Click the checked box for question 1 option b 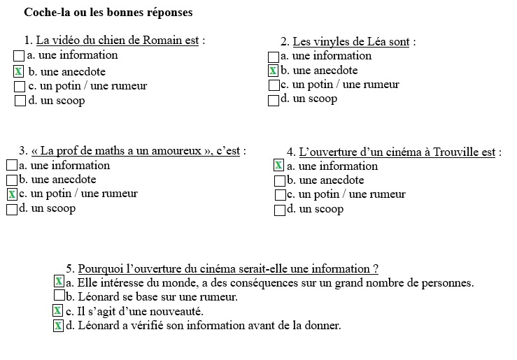tap(19, 71)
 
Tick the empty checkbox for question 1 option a tap(19, 55)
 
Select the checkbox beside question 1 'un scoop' tap(20, 101)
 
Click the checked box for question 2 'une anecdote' tap(274, 71)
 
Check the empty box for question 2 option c tap(274, 85)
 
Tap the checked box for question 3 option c tap(12, 194)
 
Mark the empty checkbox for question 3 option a tap(12, 166)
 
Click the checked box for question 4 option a tap(278, 166)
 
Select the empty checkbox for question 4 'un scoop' tap(280, 210)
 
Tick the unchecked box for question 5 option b tap(59, 296)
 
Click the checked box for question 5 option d tap(58, 326)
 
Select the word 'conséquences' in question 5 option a tap(253, 283)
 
